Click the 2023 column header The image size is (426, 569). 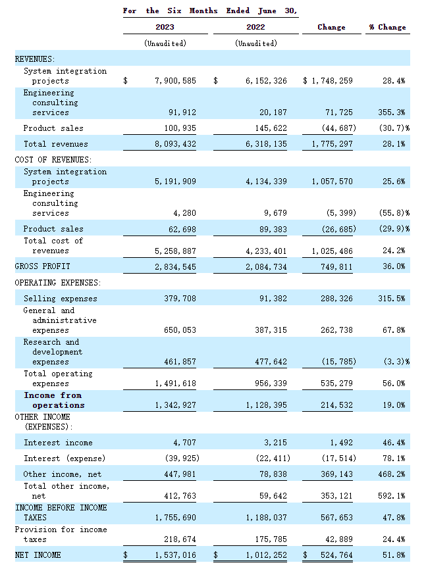[165, 27]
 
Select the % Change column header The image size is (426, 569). [387, 27]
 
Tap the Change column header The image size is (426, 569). [331, 27]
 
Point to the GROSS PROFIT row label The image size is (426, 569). [42, 266]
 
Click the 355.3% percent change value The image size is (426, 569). [394, 113]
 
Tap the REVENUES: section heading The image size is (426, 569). [35, 59]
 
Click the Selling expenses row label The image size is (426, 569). [60, 299]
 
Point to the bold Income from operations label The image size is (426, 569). [54, 400]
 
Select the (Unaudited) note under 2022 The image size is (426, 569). [255, 43]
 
